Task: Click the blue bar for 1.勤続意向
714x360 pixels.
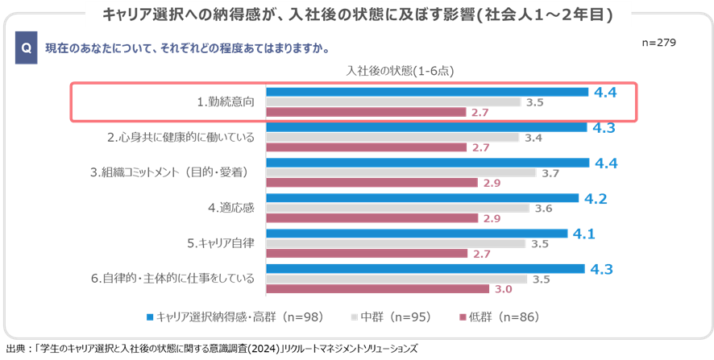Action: (x=427, y=92)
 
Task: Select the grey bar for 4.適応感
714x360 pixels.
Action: (x=398, y=208)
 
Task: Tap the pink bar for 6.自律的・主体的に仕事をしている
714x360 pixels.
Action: (x=378, y=289)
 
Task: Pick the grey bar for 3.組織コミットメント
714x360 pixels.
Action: (x=401, y=172)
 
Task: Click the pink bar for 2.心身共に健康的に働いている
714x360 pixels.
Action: (x=367, y=147)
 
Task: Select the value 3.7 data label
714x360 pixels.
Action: (x=551, y=172)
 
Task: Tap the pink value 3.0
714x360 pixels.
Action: (x=502, y=289)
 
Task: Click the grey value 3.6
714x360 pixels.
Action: (x=544, y=208)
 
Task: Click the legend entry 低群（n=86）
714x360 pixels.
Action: (x=496, y=317)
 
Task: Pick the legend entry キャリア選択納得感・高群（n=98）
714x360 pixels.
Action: (x=235, y=317)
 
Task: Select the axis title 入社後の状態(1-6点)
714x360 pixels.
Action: (x=400, y=71)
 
